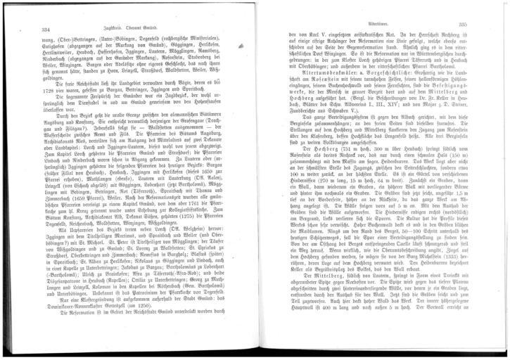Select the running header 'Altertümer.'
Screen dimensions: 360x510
coord(370,23)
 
